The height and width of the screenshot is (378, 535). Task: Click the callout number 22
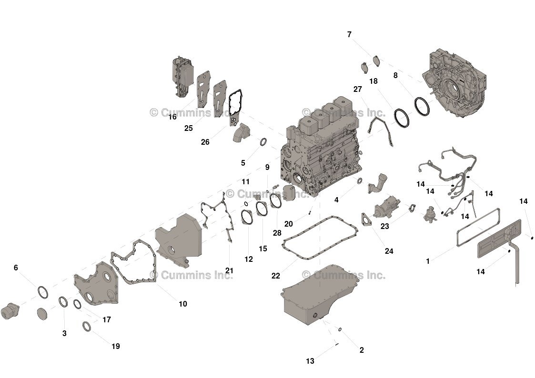[x=276, y=276]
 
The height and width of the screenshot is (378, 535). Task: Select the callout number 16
[x=172, y=117]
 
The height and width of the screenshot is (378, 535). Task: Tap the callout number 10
[x=183, y=304]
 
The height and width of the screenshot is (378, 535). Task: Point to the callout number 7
[x=349, y=35]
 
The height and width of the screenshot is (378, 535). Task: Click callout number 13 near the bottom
[x=310, y=361]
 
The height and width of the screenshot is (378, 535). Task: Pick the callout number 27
[x=358, y=89]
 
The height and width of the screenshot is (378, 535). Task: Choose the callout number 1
[x=428, y=261]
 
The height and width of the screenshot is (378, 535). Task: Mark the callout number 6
[x=16, y=268]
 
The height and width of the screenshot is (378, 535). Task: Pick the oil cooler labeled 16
[x=181, y=79]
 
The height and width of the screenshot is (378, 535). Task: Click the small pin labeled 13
[x=336, y=344]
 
